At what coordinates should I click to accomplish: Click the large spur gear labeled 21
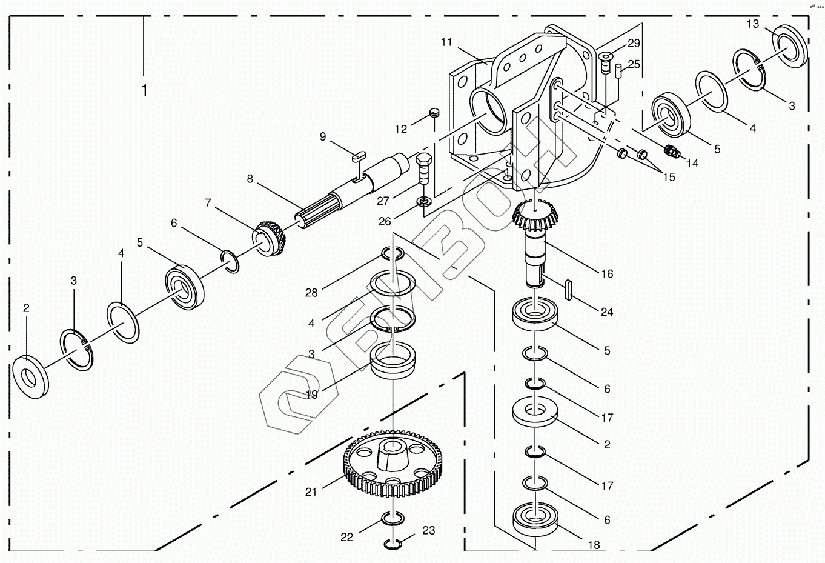click(x=394, y=464)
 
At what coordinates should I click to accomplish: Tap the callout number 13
click(x=752, y=24)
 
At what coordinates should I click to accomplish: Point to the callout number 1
click(x=144, y=90)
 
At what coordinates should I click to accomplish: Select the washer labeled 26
click(x=423, y=201)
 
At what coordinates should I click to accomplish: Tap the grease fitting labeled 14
click(x=671, y=150)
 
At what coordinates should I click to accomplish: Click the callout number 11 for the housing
click(x=447, y=42)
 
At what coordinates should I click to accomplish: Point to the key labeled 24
click(x=570, y=289)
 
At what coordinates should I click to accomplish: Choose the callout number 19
click(x=312, y=395)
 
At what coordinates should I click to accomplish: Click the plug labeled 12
click(x=434, y=112)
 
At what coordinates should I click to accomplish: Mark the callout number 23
click(x=428, y=530)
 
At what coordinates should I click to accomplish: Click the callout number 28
click(x=311, y=293)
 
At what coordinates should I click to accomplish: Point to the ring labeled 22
click(x=393, y=519)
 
